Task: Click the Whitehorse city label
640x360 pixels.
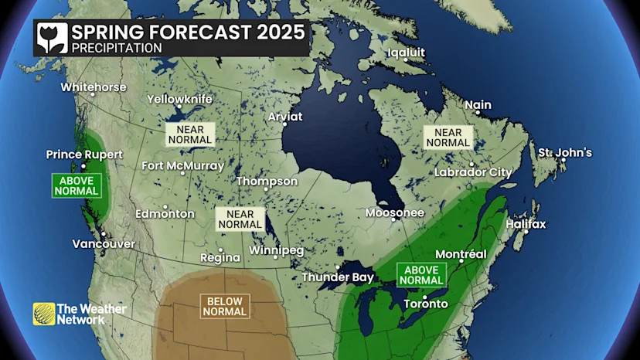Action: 94,87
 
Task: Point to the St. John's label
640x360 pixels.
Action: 565,152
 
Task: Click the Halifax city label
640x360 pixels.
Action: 526,224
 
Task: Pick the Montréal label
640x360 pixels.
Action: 461,254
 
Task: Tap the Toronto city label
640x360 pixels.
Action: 425,304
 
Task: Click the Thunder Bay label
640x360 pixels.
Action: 338,277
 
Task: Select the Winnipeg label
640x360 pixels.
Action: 277,251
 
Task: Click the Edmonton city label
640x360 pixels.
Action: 165,213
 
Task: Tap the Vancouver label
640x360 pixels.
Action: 104,244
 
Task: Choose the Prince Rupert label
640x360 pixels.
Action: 84,155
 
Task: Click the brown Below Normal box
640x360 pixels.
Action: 225,307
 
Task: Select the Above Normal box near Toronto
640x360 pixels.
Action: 422,275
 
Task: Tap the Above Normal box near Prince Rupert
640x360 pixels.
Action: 77,185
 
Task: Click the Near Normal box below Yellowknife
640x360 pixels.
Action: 189,134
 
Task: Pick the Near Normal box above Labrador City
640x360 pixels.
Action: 448,138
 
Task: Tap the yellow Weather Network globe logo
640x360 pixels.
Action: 44,314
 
